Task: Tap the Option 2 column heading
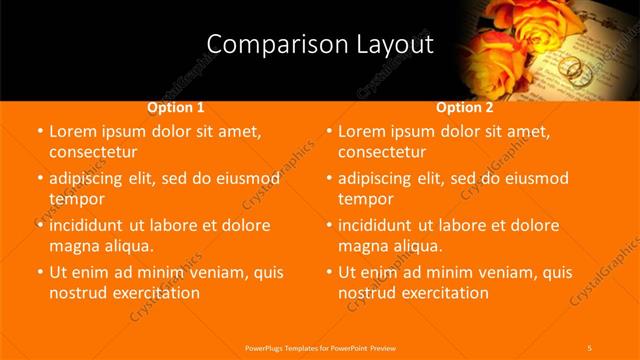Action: click(464, 107)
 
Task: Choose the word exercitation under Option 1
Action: click(156, 292)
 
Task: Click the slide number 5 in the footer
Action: click(590, 347)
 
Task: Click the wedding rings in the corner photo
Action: click(571, 68)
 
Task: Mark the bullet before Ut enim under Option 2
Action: click(328, 272)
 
